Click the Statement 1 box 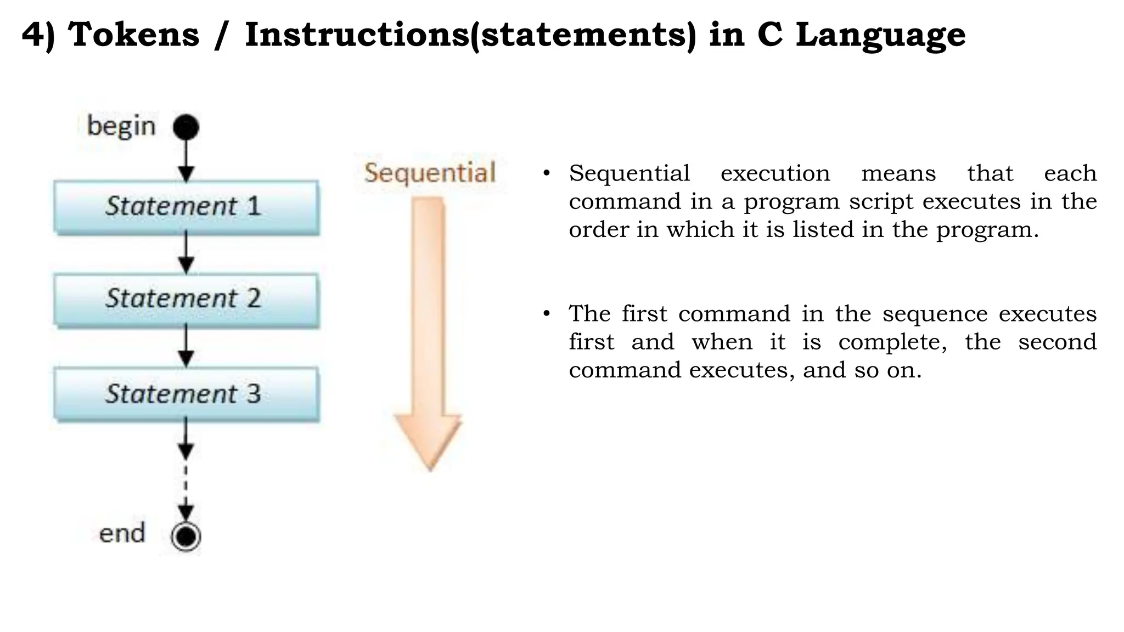[x=186, y=207]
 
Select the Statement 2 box [x=186, y=300]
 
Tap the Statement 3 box [x=186, y=394]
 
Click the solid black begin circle [x=186, y=127]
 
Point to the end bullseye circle [x=186, y=536]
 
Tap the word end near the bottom [x=122, y=533]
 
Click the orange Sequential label [x=430, y=173]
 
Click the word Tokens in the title [x=133, y=35]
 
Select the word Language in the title [x=880, y=35]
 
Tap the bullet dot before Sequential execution [x=546, y=174]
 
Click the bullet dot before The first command [x=546, y=314]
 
